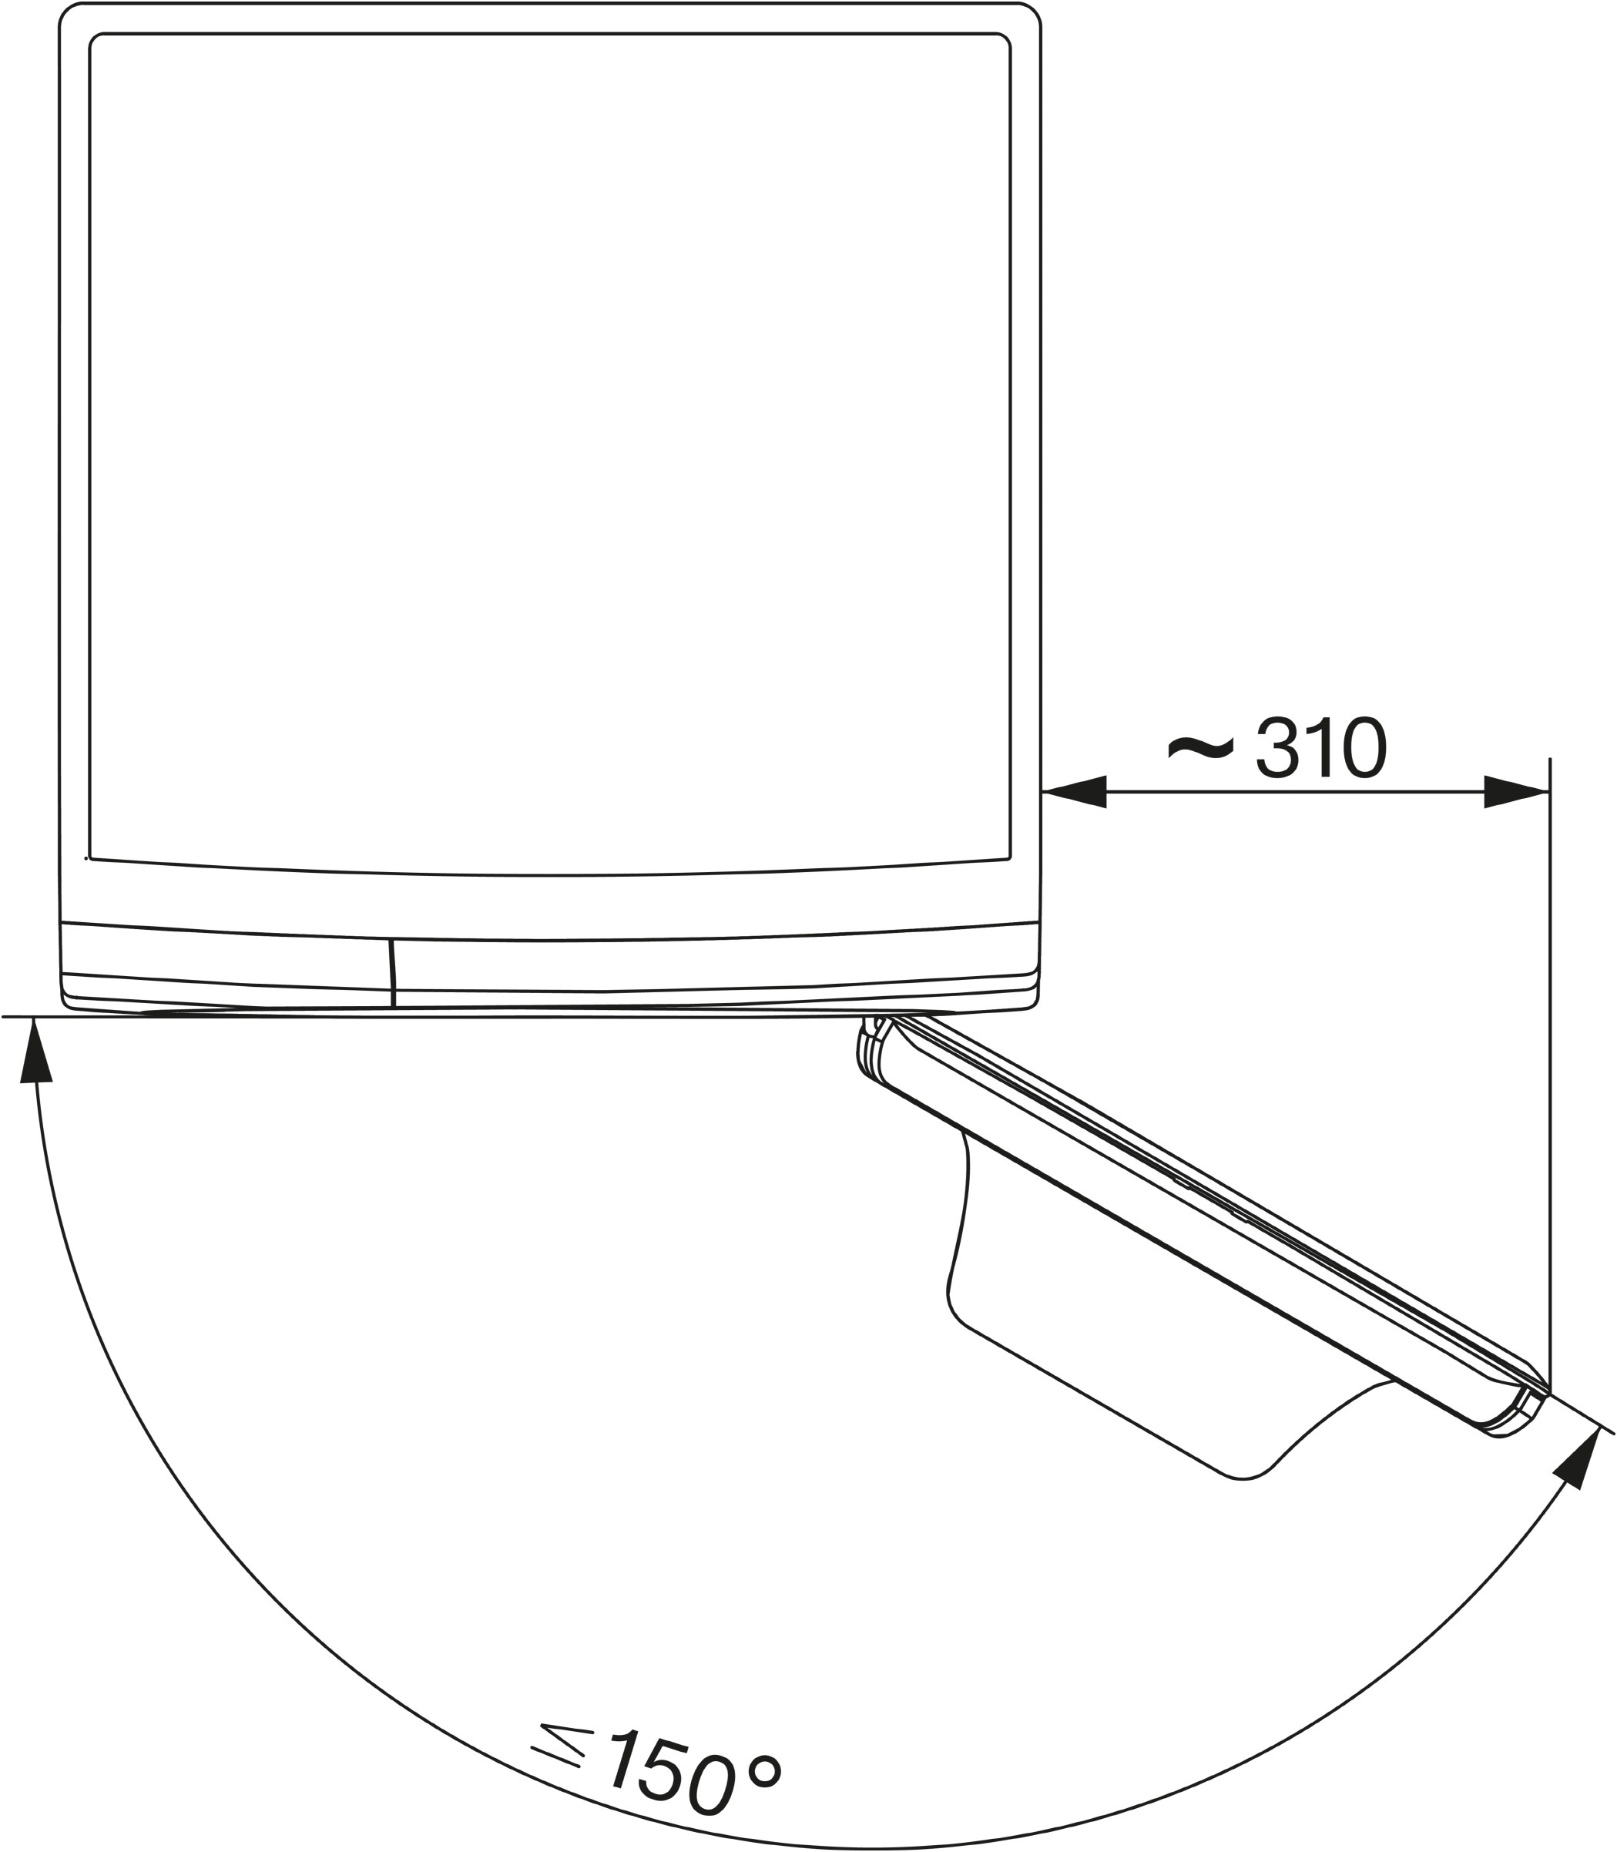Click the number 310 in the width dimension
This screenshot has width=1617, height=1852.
(1321, 747)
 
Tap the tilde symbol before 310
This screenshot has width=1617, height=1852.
(1200, 746)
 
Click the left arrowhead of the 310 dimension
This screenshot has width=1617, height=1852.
(1074, 793)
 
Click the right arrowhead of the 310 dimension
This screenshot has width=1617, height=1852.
(1517, 793)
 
